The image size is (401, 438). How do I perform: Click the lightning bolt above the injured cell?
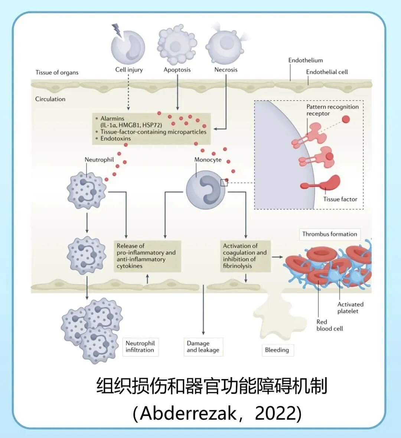(x=117, y=30)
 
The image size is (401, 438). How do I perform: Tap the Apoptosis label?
(x=177, y=70)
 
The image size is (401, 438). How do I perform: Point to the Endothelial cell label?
(x=327, y=72)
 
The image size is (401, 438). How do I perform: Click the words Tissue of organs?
(x=57, y=72)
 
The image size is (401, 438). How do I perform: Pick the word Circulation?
(x=50, y=99)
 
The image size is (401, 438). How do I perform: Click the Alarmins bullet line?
(x=113, y=119)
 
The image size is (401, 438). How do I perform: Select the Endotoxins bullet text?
(x=115, y=138)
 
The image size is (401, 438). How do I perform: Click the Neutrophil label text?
(x=99, y=160)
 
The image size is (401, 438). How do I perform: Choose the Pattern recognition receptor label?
(x=332, y=110)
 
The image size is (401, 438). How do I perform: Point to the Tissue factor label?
(x=340, y=199)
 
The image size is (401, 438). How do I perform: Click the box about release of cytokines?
(x=147, y=256)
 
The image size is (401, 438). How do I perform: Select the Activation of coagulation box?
(x=245, y=256)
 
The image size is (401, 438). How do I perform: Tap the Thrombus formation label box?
(x=329, y=234)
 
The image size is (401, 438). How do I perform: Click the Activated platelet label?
(x=350, y=307)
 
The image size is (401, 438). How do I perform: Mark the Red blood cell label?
(x=329, y=325)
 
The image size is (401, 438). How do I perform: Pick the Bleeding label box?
(x=277, y=350)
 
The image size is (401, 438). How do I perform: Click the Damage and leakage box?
(x=203, y=347)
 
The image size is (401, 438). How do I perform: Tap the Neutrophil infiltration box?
(x=140, y=347)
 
